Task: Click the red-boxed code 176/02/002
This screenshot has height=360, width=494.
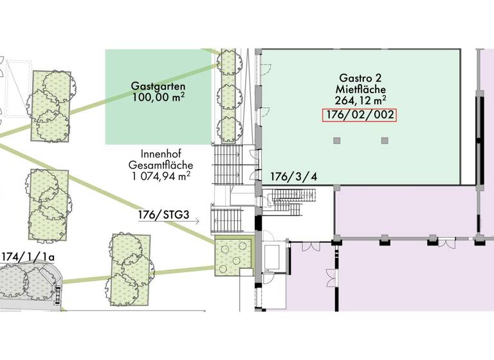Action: coord(360,116)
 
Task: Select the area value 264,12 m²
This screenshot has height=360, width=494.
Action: coord(360,100)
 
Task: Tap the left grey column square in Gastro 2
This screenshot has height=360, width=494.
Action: coord(336,140)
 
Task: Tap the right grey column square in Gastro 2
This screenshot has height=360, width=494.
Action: coord(385,140)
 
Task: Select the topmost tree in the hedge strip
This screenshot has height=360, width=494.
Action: coord(228,63)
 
